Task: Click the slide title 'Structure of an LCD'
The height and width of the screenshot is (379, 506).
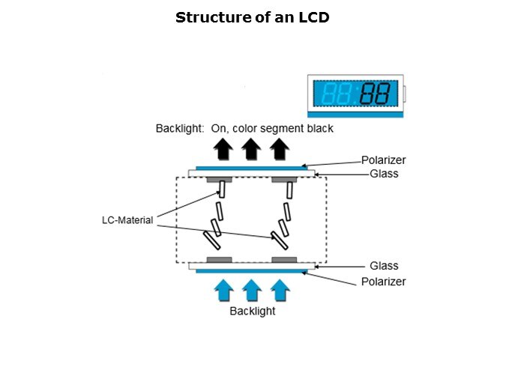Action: [252, 16]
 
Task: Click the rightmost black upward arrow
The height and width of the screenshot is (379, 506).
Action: [280, 150]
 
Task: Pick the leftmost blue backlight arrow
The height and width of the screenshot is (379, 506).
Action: [223, 290]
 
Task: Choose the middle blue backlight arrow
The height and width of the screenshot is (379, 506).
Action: [252, 290]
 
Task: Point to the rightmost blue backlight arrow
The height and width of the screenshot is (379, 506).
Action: [280, 290]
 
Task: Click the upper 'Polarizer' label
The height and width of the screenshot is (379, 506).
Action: [383, 160]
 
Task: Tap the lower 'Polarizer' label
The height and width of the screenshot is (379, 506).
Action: [383, 282]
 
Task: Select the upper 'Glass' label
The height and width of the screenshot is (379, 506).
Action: [384, 174]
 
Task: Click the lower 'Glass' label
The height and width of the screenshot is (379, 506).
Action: [384, 266]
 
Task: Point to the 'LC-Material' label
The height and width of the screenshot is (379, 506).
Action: [127, 220]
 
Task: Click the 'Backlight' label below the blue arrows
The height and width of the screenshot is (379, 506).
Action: [252, 311]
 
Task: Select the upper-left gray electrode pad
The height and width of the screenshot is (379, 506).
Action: [219, 180]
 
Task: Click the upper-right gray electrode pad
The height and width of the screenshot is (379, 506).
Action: [284, 180]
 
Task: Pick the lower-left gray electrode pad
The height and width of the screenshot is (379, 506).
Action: [219, 259]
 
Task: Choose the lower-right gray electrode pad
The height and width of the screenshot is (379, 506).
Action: [284, 259]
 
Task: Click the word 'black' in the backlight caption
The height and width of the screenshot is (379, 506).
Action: [319, 129]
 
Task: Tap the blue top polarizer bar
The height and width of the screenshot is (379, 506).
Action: [250, 167]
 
